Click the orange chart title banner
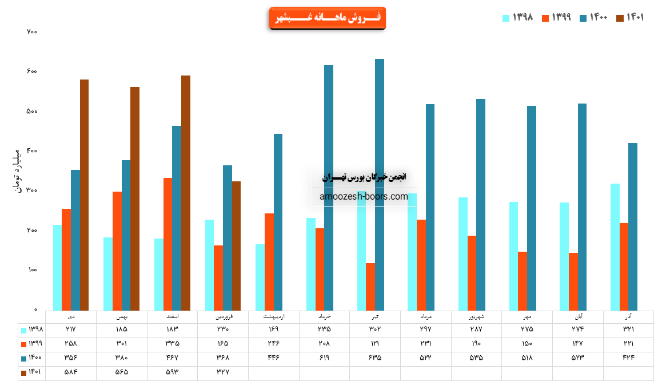pyautogui.click(x=327, y=18)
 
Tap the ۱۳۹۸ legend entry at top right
pyautogui.click(x=518, y=18)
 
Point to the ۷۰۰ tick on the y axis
pyautogui.click(x=32, y=32)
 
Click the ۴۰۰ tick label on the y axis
pyautogui.click(x=32, y=151)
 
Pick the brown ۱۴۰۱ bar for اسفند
pyautogui.click(x=186, y=193)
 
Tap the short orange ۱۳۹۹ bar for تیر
pyautogui.click(x=370, y=287)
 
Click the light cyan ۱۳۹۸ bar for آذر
pyautogui.click(x=615, y=247)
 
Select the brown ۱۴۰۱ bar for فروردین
pyautogui.click(x=236, y=245)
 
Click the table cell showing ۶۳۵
pyautogui.click(x=375, y=358)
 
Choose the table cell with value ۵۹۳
pyautogui.click(x=172, y=372)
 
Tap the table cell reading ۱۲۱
pyautogui.click(x=375, y=343)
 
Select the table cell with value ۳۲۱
pyautogui.click(x=628, y=330)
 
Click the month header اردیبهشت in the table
pyautogui.click(x=274, y=316)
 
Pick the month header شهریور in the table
pyautogui.click(x=476, y=316)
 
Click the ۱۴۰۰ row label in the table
pyautogui.click(x=33, y=358)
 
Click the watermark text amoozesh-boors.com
pyautogui.click(x=364, y=197)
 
